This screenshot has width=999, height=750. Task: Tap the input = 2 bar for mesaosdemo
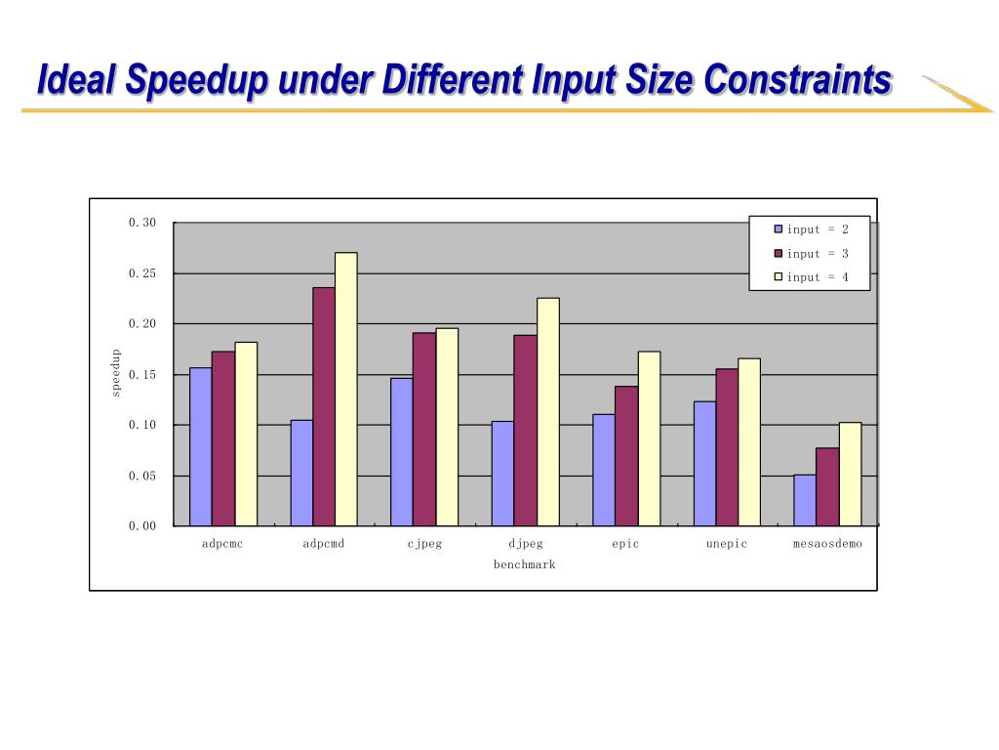tap(805, 500)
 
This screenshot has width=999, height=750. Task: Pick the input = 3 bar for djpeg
tap(526, 430)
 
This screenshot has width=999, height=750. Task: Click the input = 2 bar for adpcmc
tap(200, 446)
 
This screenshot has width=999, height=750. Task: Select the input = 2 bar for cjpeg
tap(401, 451)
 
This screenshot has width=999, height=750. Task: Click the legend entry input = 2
tap(811, 229)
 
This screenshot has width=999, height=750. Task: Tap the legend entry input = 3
tap(811, 254)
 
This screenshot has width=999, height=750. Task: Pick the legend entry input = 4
tap(811, 277)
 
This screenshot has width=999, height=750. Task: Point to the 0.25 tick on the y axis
tap(142, 273)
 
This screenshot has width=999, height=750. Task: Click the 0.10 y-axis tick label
tap(142, 425)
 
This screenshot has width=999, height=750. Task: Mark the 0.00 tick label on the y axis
tap(142, 525)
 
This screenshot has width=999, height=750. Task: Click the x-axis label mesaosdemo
tap(827, 544)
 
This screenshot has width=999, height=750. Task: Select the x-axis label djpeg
tap(526, 544)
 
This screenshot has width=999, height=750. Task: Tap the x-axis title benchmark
tap(524, 565)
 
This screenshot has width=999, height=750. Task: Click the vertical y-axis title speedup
tap(115, 372)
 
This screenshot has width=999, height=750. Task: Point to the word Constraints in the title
tap(798, 80)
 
